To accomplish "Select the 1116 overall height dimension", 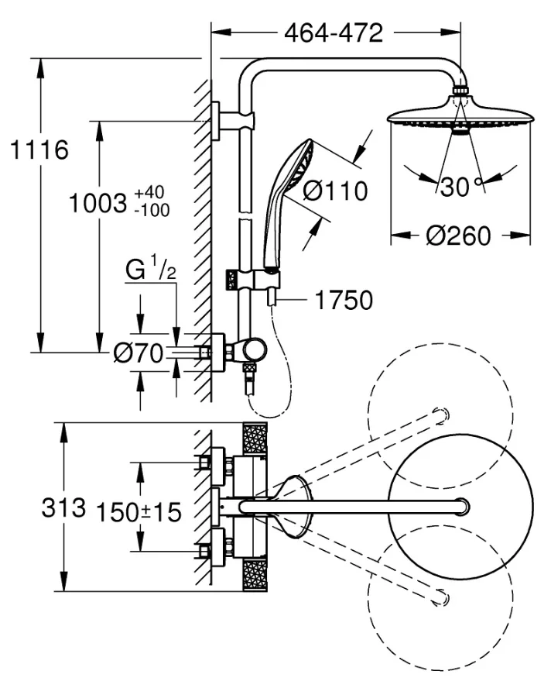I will pyautogui.click(x=39, y=150).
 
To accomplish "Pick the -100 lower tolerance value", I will pyautogui.click(x=151, y=210).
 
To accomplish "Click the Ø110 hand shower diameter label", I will pyautogui.click(x=336, y=190).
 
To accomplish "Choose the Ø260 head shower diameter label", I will pyautogui.click(x=459, y=236).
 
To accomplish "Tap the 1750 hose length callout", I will pyautogui.click(x=344, y=299).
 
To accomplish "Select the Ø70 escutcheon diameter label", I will pyautogui.click(x=138, y=354).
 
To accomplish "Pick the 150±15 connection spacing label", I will pyautogui.click(x=138, y=511).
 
